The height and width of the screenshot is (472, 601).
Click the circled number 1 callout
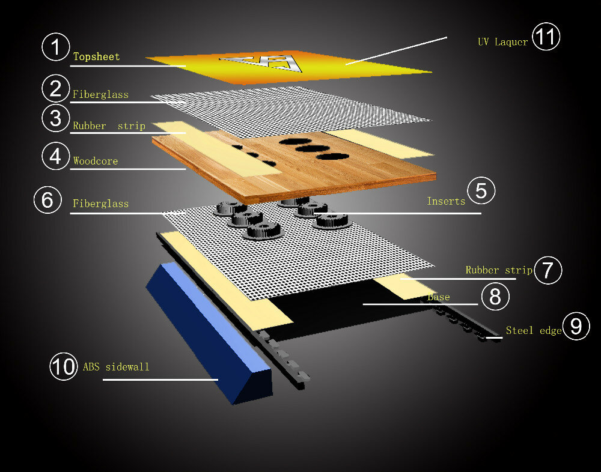[55, 47]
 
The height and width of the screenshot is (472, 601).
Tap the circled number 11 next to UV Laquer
[546, 37]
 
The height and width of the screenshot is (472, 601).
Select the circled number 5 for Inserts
[481, 190]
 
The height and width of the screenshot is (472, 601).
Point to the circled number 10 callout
[64, 366]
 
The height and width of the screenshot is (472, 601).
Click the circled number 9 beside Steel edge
[576, 326]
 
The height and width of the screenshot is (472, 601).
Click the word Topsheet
[97, 56]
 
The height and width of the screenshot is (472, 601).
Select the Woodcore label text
[96, 161]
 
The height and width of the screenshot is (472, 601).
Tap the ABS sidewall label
[116, 367]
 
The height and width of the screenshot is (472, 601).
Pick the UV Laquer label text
[502, 42]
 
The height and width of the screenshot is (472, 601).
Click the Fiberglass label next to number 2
[100, 94]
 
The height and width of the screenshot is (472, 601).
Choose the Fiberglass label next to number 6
[101, 204]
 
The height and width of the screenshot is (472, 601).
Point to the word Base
[439, 297]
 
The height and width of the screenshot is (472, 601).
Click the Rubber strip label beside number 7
[499, 270]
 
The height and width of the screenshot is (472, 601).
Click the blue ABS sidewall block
[209, 333]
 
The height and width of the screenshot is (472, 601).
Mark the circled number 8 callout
[495, 296]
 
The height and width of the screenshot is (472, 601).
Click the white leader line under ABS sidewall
[160, 380]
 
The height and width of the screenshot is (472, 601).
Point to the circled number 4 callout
[55, 156]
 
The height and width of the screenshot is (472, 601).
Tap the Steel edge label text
[534, 331]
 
